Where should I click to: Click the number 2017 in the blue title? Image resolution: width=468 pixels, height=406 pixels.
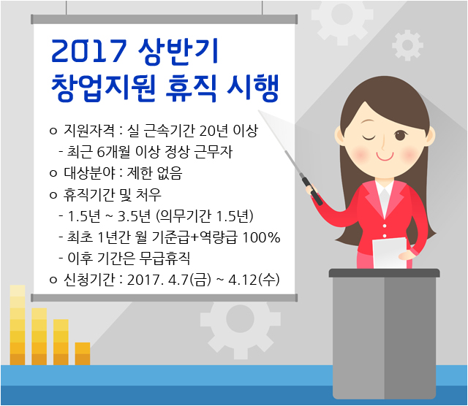[89, 51]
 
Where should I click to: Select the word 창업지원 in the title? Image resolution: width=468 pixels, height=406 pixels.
[103, 88]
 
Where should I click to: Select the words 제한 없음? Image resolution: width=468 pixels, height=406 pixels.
[154, 173]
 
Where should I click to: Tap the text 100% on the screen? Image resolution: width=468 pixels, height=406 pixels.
[261, 237]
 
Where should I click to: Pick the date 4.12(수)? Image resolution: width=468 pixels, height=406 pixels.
[254, 280]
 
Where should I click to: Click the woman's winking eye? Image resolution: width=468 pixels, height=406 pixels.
[369, 138]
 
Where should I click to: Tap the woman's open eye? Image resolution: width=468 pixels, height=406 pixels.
[400, 136]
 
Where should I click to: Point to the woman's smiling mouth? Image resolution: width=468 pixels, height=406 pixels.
[385, 156]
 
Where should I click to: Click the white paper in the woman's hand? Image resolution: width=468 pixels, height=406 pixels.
[390, 253]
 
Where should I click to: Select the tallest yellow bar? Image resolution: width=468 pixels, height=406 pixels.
[18, 325]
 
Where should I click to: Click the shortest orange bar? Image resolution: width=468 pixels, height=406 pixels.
[83, 353]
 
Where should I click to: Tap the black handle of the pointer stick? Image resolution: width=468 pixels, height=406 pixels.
[312, 191]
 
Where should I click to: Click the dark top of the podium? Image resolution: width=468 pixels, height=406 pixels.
[384, 273]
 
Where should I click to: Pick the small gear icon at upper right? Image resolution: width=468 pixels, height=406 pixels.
[407, 45]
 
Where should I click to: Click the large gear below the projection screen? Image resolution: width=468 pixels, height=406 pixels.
[241, 319]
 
